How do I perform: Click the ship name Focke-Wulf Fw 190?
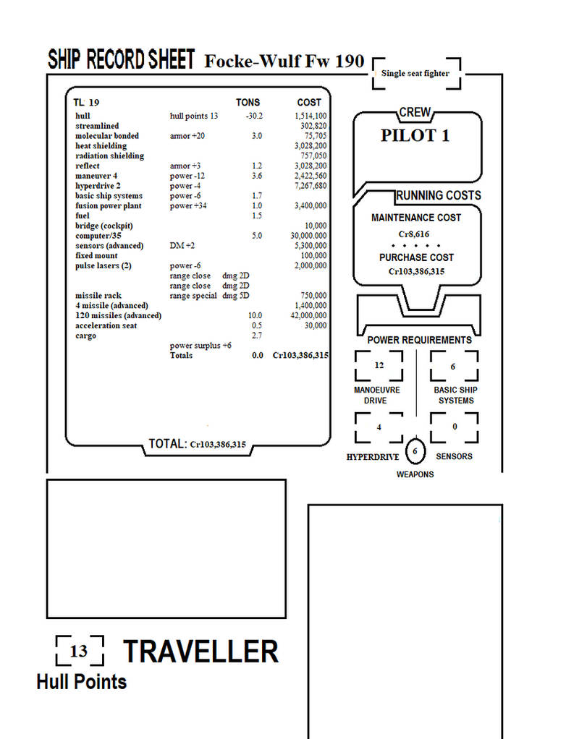pos(284,61)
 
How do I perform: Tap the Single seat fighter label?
pos(415,73)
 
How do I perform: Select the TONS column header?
pos(248,102)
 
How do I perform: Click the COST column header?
pos(309,102)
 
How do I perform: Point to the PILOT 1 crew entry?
pos(415,136)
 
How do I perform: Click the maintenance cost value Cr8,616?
pos(414,234)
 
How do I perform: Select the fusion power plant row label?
pos(109,205)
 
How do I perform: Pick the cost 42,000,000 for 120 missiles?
pos(308,315)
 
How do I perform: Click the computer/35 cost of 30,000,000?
pos(308,236)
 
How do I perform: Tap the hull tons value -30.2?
pos(254,116)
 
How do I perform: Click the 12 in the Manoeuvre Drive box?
pos(379,365)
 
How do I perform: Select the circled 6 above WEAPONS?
pos(415,451)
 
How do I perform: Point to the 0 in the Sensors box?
pos(455,427)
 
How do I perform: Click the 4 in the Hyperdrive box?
pos(379,427)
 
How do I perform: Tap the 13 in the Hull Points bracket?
pos(79,651)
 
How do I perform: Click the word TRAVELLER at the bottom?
pos(201,652)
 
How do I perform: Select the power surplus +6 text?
pos(200,346)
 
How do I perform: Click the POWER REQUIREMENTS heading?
pos(419,340)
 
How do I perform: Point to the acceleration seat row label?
pos(106,325)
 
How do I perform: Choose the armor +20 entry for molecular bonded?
pos(187,136)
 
